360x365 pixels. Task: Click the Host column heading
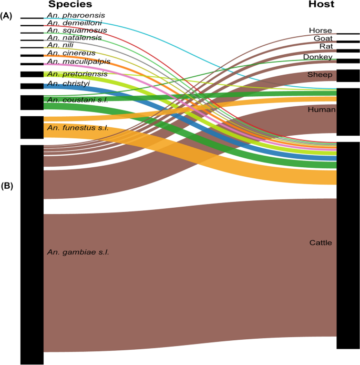321,5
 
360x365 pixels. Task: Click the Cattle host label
321,243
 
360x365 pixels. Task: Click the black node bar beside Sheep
348,76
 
